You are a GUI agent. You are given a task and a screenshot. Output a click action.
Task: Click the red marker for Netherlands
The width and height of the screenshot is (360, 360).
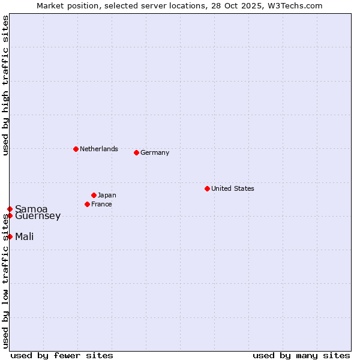[x=76, y=149]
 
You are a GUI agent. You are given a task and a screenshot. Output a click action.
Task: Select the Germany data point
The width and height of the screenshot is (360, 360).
[x=136, y=152]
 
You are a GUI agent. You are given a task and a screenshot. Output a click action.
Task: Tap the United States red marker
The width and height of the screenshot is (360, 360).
[x=207, y=188]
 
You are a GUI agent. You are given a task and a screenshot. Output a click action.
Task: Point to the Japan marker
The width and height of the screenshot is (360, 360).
[x=94, y=195]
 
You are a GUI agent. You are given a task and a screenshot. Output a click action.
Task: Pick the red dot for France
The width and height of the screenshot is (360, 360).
[x=87, y=204]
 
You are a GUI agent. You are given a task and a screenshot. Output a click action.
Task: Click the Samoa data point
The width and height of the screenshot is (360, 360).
[x=10, y=209]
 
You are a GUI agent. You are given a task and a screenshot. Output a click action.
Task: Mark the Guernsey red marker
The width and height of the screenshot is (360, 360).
[x=10, y=215]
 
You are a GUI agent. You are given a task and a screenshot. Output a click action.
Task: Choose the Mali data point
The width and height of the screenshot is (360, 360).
[x=10, y=236]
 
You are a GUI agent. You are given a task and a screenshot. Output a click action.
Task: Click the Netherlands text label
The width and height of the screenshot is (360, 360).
[x=99, y=149]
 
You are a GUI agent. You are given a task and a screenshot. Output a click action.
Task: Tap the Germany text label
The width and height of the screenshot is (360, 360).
[x=155, y=152]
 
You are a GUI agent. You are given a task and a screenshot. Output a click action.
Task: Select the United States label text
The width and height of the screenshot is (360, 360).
[x=233, y=188]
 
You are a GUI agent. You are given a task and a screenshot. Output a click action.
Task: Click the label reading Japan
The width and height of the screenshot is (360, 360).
[x=107, y=195]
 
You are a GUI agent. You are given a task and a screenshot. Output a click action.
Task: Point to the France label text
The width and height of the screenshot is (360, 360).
[x=101, y=204]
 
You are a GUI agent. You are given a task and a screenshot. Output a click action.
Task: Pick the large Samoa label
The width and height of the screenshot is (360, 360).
[x=31, y=209]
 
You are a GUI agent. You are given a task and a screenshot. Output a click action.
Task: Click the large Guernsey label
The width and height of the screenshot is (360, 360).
[x=38, y=216]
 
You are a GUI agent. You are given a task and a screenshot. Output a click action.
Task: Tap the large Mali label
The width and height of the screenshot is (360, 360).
[x=24, y=236]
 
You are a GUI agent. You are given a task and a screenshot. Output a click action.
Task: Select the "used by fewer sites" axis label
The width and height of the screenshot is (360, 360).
[x=62, y=355]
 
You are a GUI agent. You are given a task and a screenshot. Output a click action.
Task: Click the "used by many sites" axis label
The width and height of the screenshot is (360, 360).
[x=301, y=355]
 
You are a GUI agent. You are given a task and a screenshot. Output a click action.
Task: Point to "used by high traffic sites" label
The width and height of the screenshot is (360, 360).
[x=5, y=85]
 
